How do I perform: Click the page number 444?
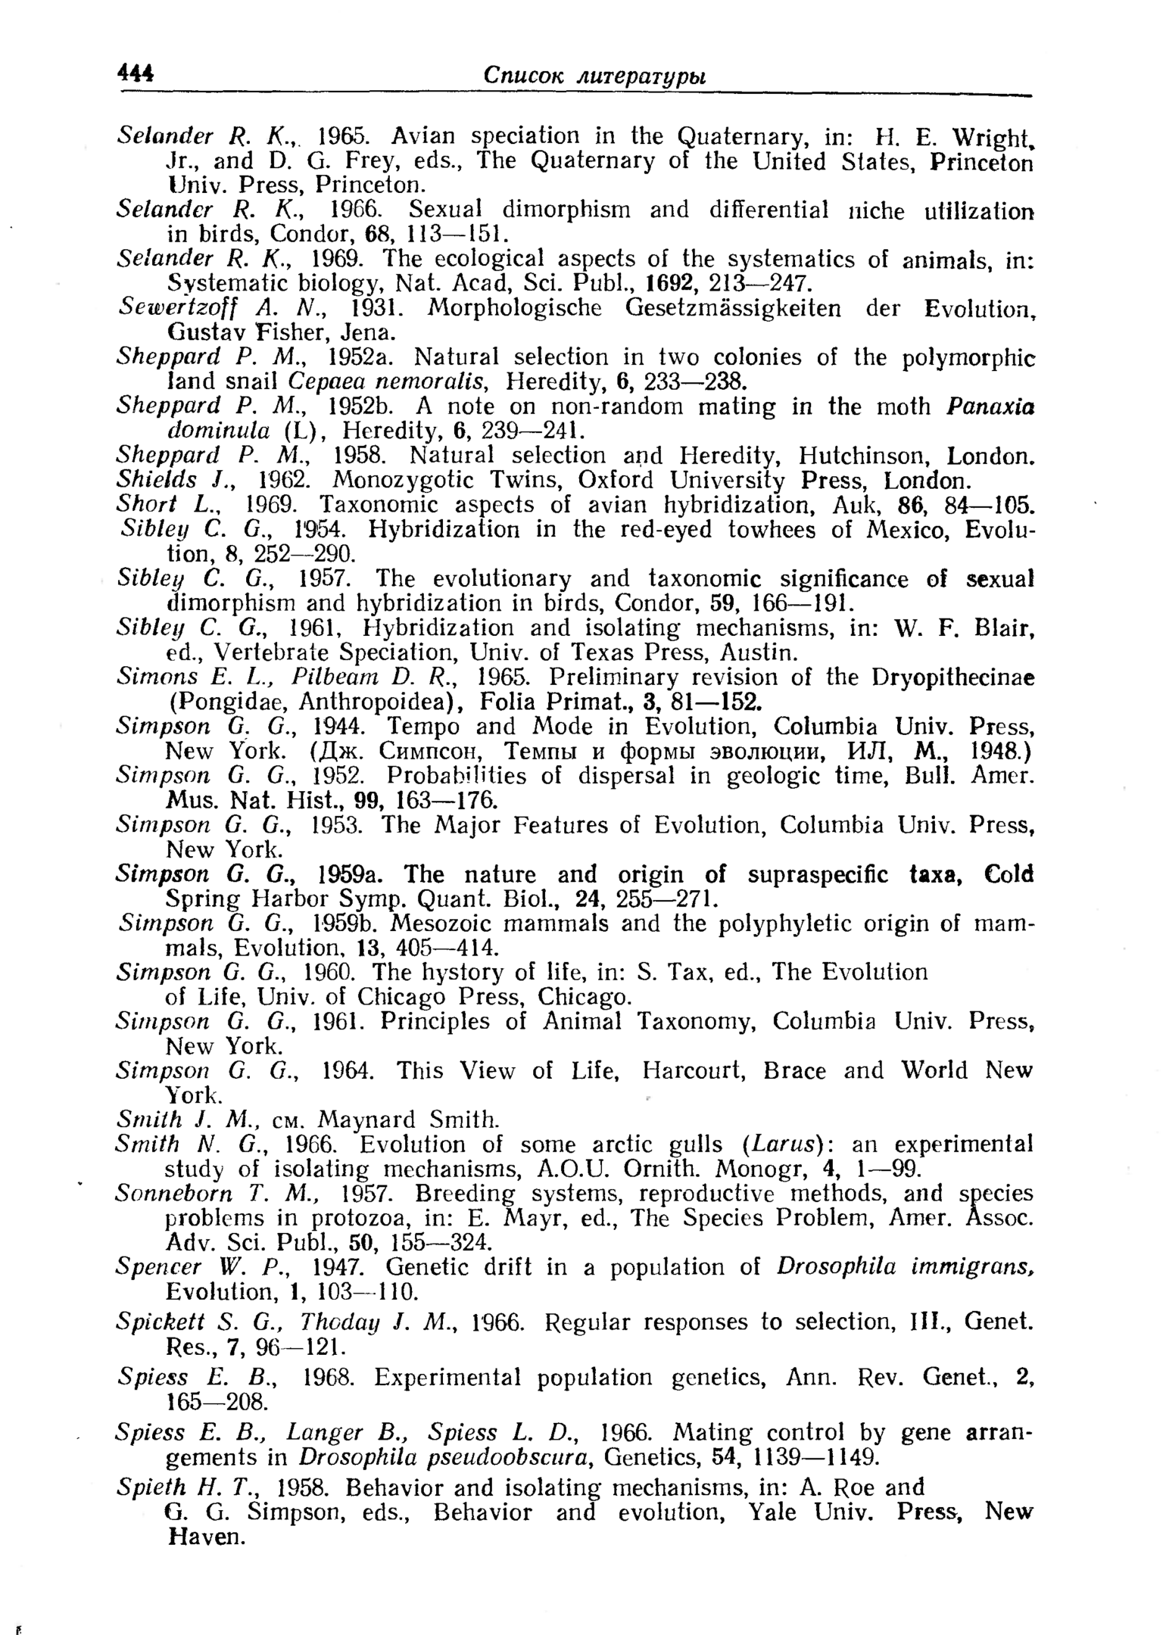tap(136, 74)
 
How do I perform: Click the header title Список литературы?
tap(594, 76)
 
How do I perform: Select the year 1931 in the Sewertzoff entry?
tap(370, 308)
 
